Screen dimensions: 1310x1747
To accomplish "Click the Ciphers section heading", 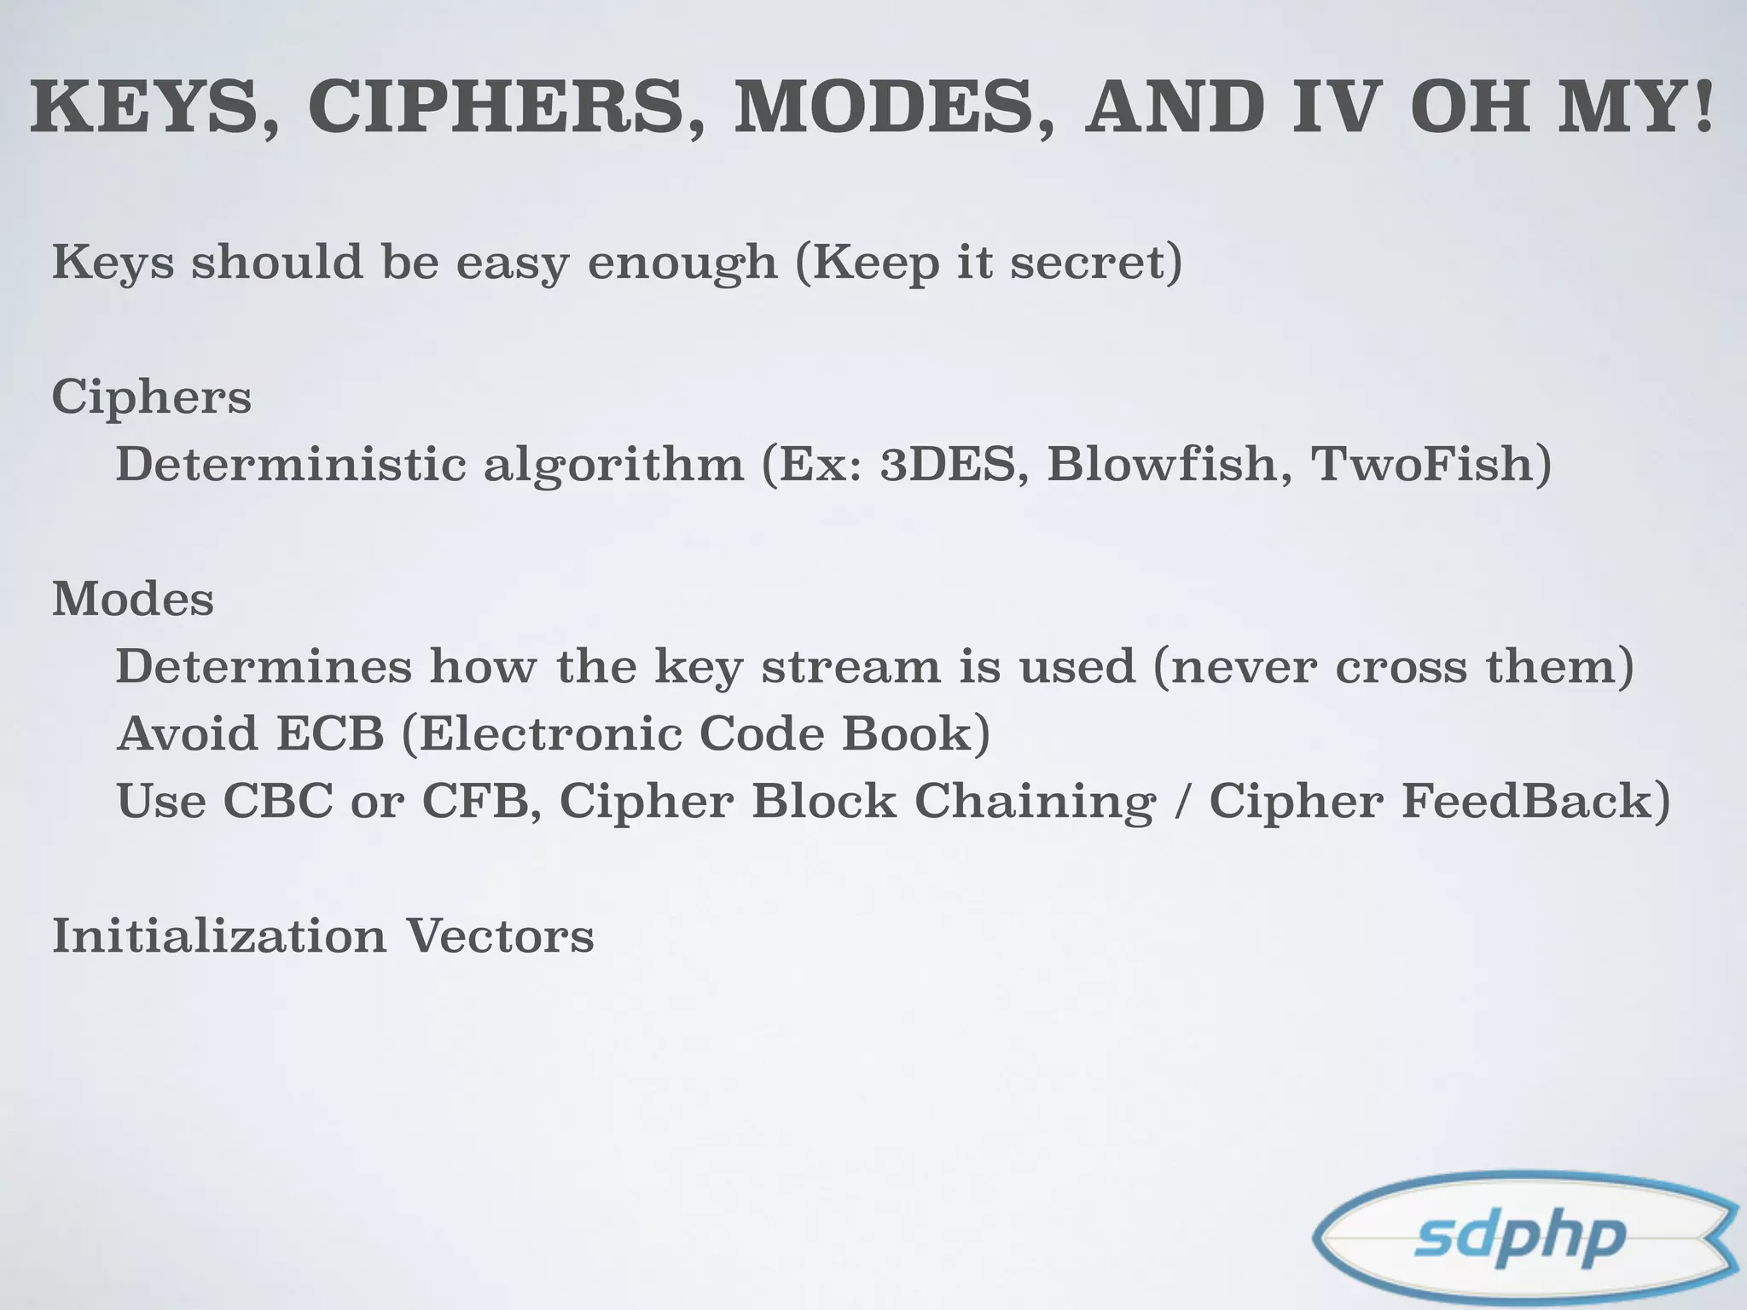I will point(152,397).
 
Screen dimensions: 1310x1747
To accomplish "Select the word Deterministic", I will point(291,465).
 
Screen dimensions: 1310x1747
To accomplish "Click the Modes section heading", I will point(133,599).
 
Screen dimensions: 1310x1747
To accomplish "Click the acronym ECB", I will point(330,733).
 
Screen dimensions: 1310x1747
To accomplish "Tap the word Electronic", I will point(550,733).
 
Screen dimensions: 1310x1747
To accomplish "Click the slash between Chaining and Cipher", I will point(1181,803).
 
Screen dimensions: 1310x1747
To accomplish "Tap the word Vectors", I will point(499,936).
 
